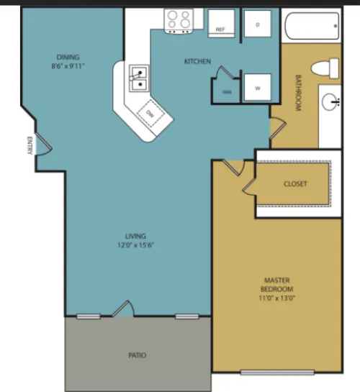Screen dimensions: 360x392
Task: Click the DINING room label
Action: click(68, 58)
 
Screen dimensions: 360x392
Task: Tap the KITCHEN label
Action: click(197, 61)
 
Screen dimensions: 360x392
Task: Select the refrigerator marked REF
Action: click(221, 24)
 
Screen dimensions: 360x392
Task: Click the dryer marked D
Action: click(258, 24)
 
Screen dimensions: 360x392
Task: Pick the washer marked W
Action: click(258, 87)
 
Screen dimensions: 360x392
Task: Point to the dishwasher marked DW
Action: click(151, 114)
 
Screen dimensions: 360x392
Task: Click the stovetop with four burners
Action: click(179, 21)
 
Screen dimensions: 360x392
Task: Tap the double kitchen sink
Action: click(139, 78)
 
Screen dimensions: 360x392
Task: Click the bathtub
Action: click(312, 26)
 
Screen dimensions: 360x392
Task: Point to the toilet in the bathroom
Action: click(325, 68)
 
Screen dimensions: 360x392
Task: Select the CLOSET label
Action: click(295, 184)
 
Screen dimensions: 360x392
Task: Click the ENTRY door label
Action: click(30, 145)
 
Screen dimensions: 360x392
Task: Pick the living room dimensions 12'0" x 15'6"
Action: click(135, 245)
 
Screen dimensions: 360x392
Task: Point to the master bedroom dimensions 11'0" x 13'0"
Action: click(277, 298)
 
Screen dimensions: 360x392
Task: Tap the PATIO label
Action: click(137, 355)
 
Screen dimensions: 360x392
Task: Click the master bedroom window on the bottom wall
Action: click(277, 373)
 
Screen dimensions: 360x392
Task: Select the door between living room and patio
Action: click(123, 309)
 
